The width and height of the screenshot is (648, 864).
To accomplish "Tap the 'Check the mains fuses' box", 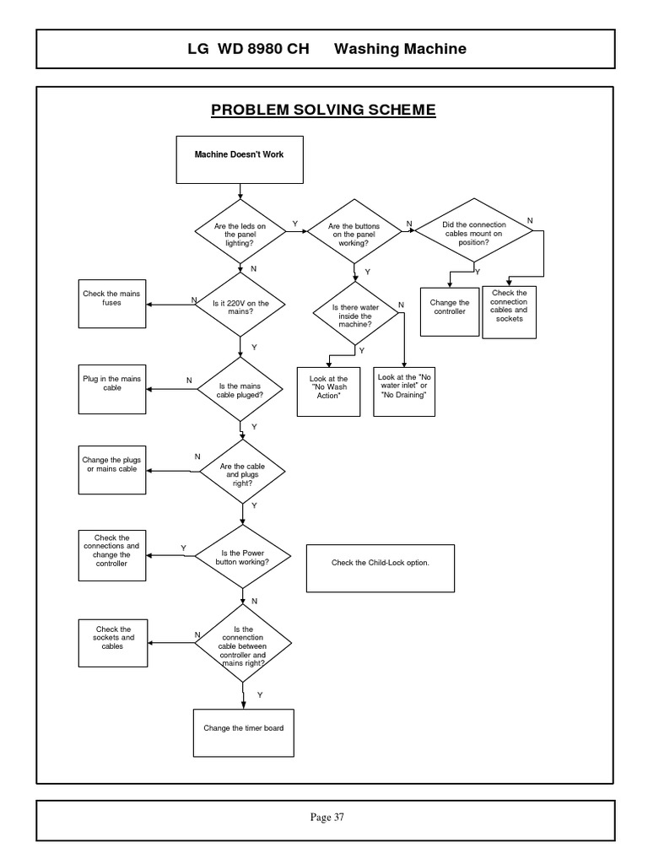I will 111,304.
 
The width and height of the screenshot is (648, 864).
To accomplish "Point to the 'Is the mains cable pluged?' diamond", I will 241,390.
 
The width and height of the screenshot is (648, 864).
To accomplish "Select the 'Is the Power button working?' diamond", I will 243,557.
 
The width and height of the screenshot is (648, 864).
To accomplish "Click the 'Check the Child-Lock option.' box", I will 381,567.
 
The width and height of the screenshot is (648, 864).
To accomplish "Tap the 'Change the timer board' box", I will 244,732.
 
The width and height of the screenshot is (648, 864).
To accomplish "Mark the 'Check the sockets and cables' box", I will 114,641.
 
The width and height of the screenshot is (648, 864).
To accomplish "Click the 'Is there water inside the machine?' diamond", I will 355,316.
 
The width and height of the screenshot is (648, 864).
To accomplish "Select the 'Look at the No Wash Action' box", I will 328,391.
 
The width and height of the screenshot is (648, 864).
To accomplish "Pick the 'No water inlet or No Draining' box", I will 404,391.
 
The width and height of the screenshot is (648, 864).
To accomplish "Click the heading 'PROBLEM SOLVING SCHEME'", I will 323,111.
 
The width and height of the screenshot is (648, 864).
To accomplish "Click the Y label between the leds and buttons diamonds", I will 294,224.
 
